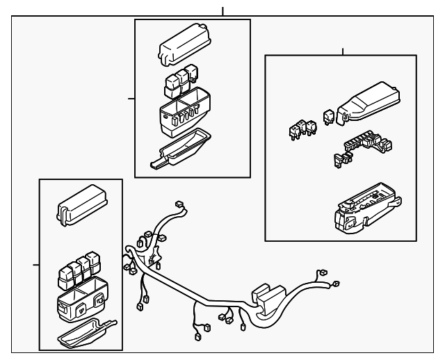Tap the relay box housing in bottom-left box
click(81, 300)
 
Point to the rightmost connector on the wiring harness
click(337, 284)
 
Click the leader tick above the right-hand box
click(343, 51)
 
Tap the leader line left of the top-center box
click(131, 99)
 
